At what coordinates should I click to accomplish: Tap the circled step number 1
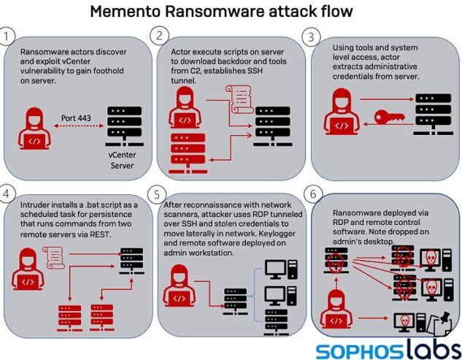point(8,36)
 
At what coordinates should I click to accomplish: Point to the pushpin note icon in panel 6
point(439,319)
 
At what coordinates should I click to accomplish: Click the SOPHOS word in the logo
point(355,351)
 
